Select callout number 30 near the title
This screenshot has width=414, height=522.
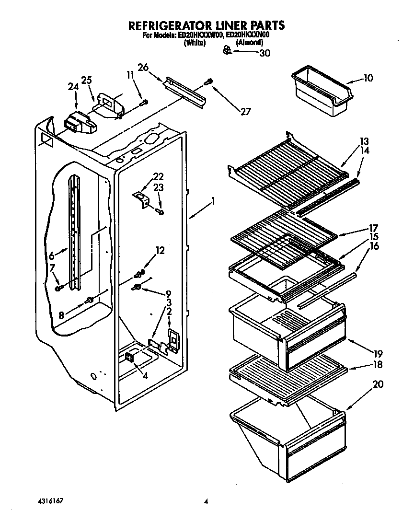264,53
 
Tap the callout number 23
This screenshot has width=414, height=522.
159,188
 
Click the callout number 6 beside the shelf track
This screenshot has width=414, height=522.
52,256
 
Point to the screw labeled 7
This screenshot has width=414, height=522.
58,288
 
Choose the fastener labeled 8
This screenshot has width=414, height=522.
89,300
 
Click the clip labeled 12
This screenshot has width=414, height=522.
139,274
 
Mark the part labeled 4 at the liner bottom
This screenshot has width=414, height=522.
129,357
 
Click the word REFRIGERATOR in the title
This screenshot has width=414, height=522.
169,25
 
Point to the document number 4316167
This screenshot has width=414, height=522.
51,501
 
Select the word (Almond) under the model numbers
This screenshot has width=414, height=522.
249,43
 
